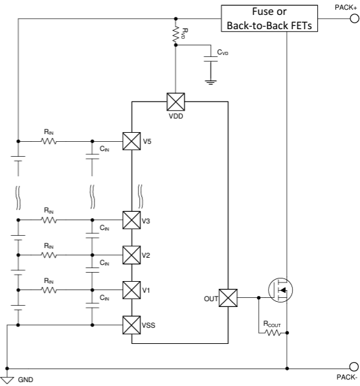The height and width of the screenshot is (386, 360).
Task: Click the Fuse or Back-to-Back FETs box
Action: pos(269,19)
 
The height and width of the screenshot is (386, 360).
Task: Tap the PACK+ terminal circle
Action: pos(354,19)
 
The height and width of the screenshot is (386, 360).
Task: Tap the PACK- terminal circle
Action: pos(354,367)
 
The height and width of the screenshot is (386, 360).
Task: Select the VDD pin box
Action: pos(175,102)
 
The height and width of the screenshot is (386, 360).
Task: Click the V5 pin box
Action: pos(131,140)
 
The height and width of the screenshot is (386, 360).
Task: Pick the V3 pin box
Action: pos(131,220)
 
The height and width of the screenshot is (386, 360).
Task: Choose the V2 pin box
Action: pos(131,255)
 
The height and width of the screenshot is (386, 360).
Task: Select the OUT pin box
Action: pos(229,298)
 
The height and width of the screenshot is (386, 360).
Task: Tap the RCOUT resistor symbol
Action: pos(271,333)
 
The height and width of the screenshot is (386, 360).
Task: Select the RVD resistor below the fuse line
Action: pos(175,35)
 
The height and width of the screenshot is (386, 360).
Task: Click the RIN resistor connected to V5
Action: pos(49,140)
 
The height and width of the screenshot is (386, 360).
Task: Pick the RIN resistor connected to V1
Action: pos(49,289)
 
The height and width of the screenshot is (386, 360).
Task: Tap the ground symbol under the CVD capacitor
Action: pos(210,82)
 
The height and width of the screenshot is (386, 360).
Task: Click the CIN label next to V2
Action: pos(104,262)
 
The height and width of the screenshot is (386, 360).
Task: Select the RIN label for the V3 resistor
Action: pos(49,210)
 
